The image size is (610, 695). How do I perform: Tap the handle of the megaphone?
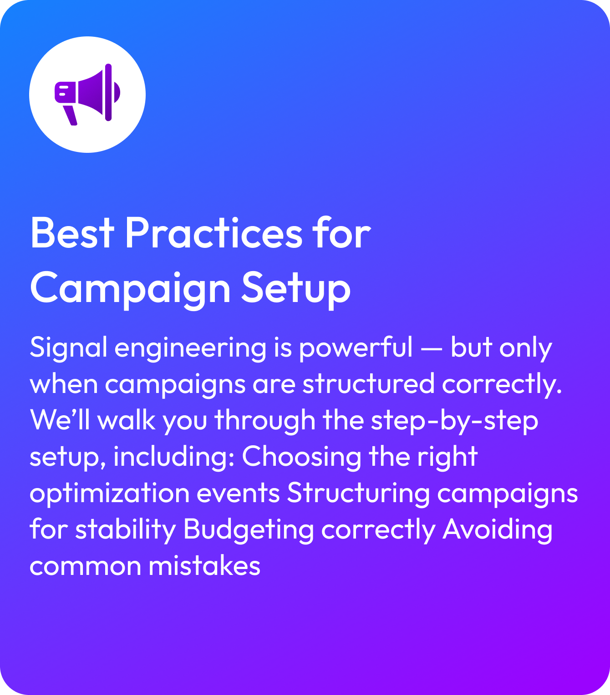click(x=71, y=115)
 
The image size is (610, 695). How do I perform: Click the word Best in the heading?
click(x=72, y=233)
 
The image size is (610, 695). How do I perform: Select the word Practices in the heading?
click(x=213, y=233)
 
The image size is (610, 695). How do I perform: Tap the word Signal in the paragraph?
click(x=68, y=348)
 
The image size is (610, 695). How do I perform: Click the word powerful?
click(x=356, y=348)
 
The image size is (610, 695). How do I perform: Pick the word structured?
click(x=369, y=384)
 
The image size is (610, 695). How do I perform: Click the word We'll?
click(x=60, y=420)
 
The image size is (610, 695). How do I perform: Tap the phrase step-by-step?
click(x=454, y=421)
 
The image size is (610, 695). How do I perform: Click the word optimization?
click(x=109, y=494)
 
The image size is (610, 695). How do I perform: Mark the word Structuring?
click(x=358, y=494)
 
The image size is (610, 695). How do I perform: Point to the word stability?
click(x=126, y=530)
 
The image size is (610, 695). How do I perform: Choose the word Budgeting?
click(x=249, y=530)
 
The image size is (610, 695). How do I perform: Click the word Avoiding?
click(x=498, y=530)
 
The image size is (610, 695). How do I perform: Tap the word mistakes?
click(x=204, y=567)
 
